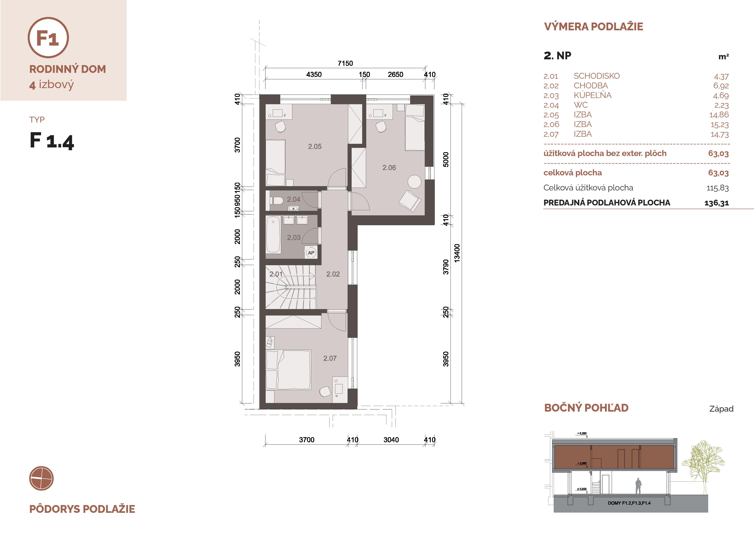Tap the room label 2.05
315,147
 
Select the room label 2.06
389,167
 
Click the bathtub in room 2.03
273,234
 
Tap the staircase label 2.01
276,274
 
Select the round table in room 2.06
414,181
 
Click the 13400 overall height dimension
457,253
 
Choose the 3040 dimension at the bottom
391,440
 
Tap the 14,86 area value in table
719,115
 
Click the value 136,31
717,203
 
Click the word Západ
721,409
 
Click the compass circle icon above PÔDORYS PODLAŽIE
41,478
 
